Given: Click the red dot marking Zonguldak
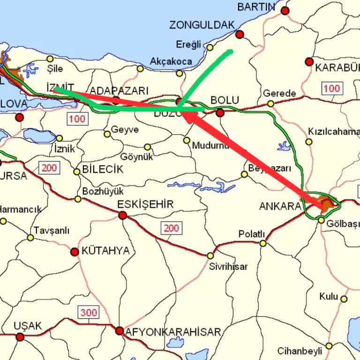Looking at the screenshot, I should [x=240, y=34].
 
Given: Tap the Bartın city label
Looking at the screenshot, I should [x=256, y=7].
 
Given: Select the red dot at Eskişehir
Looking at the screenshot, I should [x=123, y=215].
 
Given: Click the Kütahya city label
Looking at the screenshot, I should [x=105, y=250].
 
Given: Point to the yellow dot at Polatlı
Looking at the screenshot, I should [x=263, y=243].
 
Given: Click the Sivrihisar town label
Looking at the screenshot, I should [x=228, y=267].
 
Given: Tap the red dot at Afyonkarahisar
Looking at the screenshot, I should [x=120, y=331].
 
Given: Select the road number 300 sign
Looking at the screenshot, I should [x=89, y=312].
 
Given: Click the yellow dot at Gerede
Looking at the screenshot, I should [x=270, y=104].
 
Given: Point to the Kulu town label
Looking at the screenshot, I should [x=328, y=296].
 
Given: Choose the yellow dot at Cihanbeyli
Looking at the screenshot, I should [x=329, y=346].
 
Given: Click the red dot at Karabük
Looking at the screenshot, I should [x=309, y=61].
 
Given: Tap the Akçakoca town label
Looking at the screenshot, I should [x=171, y=61].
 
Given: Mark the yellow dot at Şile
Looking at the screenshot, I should [x=50, y=59].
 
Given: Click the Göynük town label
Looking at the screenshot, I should [x=137, y=157].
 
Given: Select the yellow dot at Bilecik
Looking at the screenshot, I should [x=77, y=172].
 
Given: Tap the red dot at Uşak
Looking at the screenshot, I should [x=20, y=337].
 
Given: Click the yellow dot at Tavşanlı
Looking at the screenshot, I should [x=30, y=238].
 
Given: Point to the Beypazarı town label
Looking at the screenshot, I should [x=270, y=168].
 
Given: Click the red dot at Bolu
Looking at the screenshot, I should [x=220, y=112].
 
